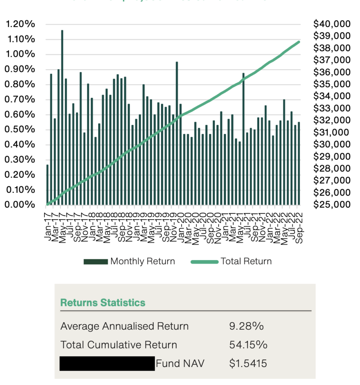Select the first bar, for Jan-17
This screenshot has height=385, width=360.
click(47, 185)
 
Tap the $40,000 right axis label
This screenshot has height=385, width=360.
click(332, 24)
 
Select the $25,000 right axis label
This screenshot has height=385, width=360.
click(332, 205)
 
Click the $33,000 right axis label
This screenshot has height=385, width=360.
click(332, 108)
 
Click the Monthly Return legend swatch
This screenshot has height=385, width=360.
click(96, 261)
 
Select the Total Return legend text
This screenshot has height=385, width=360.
click(246, 261)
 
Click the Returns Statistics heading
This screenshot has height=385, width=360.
click(103, 302)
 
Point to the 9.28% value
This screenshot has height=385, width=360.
click(246, 326)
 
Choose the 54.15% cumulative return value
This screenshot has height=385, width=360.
click(248, 345)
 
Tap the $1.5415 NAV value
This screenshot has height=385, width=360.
click(248, 364)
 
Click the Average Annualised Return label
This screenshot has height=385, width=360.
click(125, 326)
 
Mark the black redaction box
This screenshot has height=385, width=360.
click(107, 364)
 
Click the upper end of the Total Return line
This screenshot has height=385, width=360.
click(299, 42)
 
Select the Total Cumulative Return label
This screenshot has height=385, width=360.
click(118, 345)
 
